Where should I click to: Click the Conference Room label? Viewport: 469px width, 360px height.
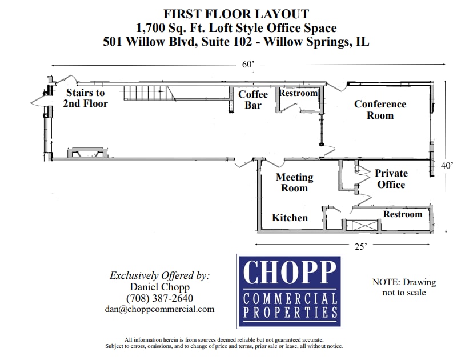pos(380,109)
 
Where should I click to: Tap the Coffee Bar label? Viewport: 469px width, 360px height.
pos(253,99)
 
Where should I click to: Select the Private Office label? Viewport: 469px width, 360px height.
pos(391,179)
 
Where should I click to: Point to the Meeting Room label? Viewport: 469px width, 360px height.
pos(294,182)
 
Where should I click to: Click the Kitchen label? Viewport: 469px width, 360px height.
pos(290,218)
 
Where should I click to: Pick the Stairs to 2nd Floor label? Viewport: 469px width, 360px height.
pos(86,98)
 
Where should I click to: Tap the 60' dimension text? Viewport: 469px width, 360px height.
pos(248,65)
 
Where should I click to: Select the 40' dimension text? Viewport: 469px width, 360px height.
pos(447,165)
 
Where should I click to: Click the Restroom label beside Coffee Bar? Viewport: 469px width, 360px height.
pos(298,93)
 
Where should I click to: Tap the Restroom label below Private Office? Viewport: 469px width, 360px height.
pos(403,214)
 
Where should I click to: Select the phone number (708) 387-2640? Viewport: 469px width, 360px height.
pos(159,298)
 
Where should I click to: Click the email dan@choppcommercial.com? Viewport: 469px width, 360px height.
pos(159,309)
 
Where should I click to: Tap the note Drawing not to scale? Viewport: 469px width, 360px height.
pos(404,287)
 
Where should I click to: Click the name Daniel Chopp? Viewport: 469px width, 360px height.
pos(159,287)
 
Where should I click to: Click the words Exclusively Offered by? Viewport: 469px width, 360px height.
pos(159,275)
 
